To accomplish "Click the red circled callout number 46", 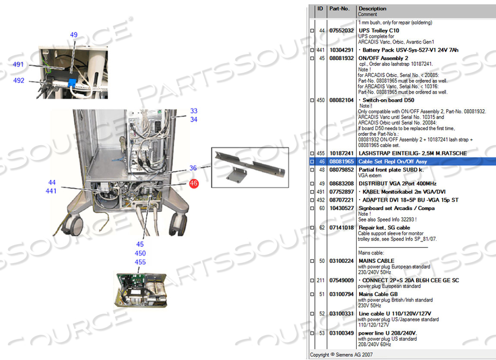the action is coord(194,183).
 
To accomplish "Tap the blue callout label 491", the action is coord(18,65).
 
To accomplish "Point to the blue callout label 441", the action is coord(51,191).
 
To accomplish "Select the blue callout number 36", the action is coord(193,168).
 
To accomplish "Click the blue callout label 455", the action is coord(140,262).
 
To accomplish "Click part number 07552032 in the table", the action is coord(341,31).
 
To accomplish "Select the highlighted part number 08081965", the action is coord(341,161).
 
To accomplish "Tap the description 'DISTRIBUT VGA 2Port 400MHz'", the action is coord(397,183).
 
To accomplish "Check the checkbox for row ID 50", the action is coord(312,261).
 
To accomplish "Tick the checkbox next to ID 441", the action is coord(312,50).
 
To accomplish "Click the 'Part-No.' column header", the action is coord(339,8).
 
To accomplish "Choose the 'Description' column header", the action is coord(372,8).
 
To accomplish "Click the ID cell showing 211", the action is coord(321,281).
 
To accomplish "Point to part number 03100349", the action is coord(341,333).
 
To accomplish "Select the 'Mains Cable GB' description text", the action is coord(378,294).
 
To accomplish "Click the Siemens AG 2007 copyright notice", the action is coord(341,355).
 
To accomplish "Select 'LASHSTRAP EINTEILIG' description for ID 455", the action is coord(412,153).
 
